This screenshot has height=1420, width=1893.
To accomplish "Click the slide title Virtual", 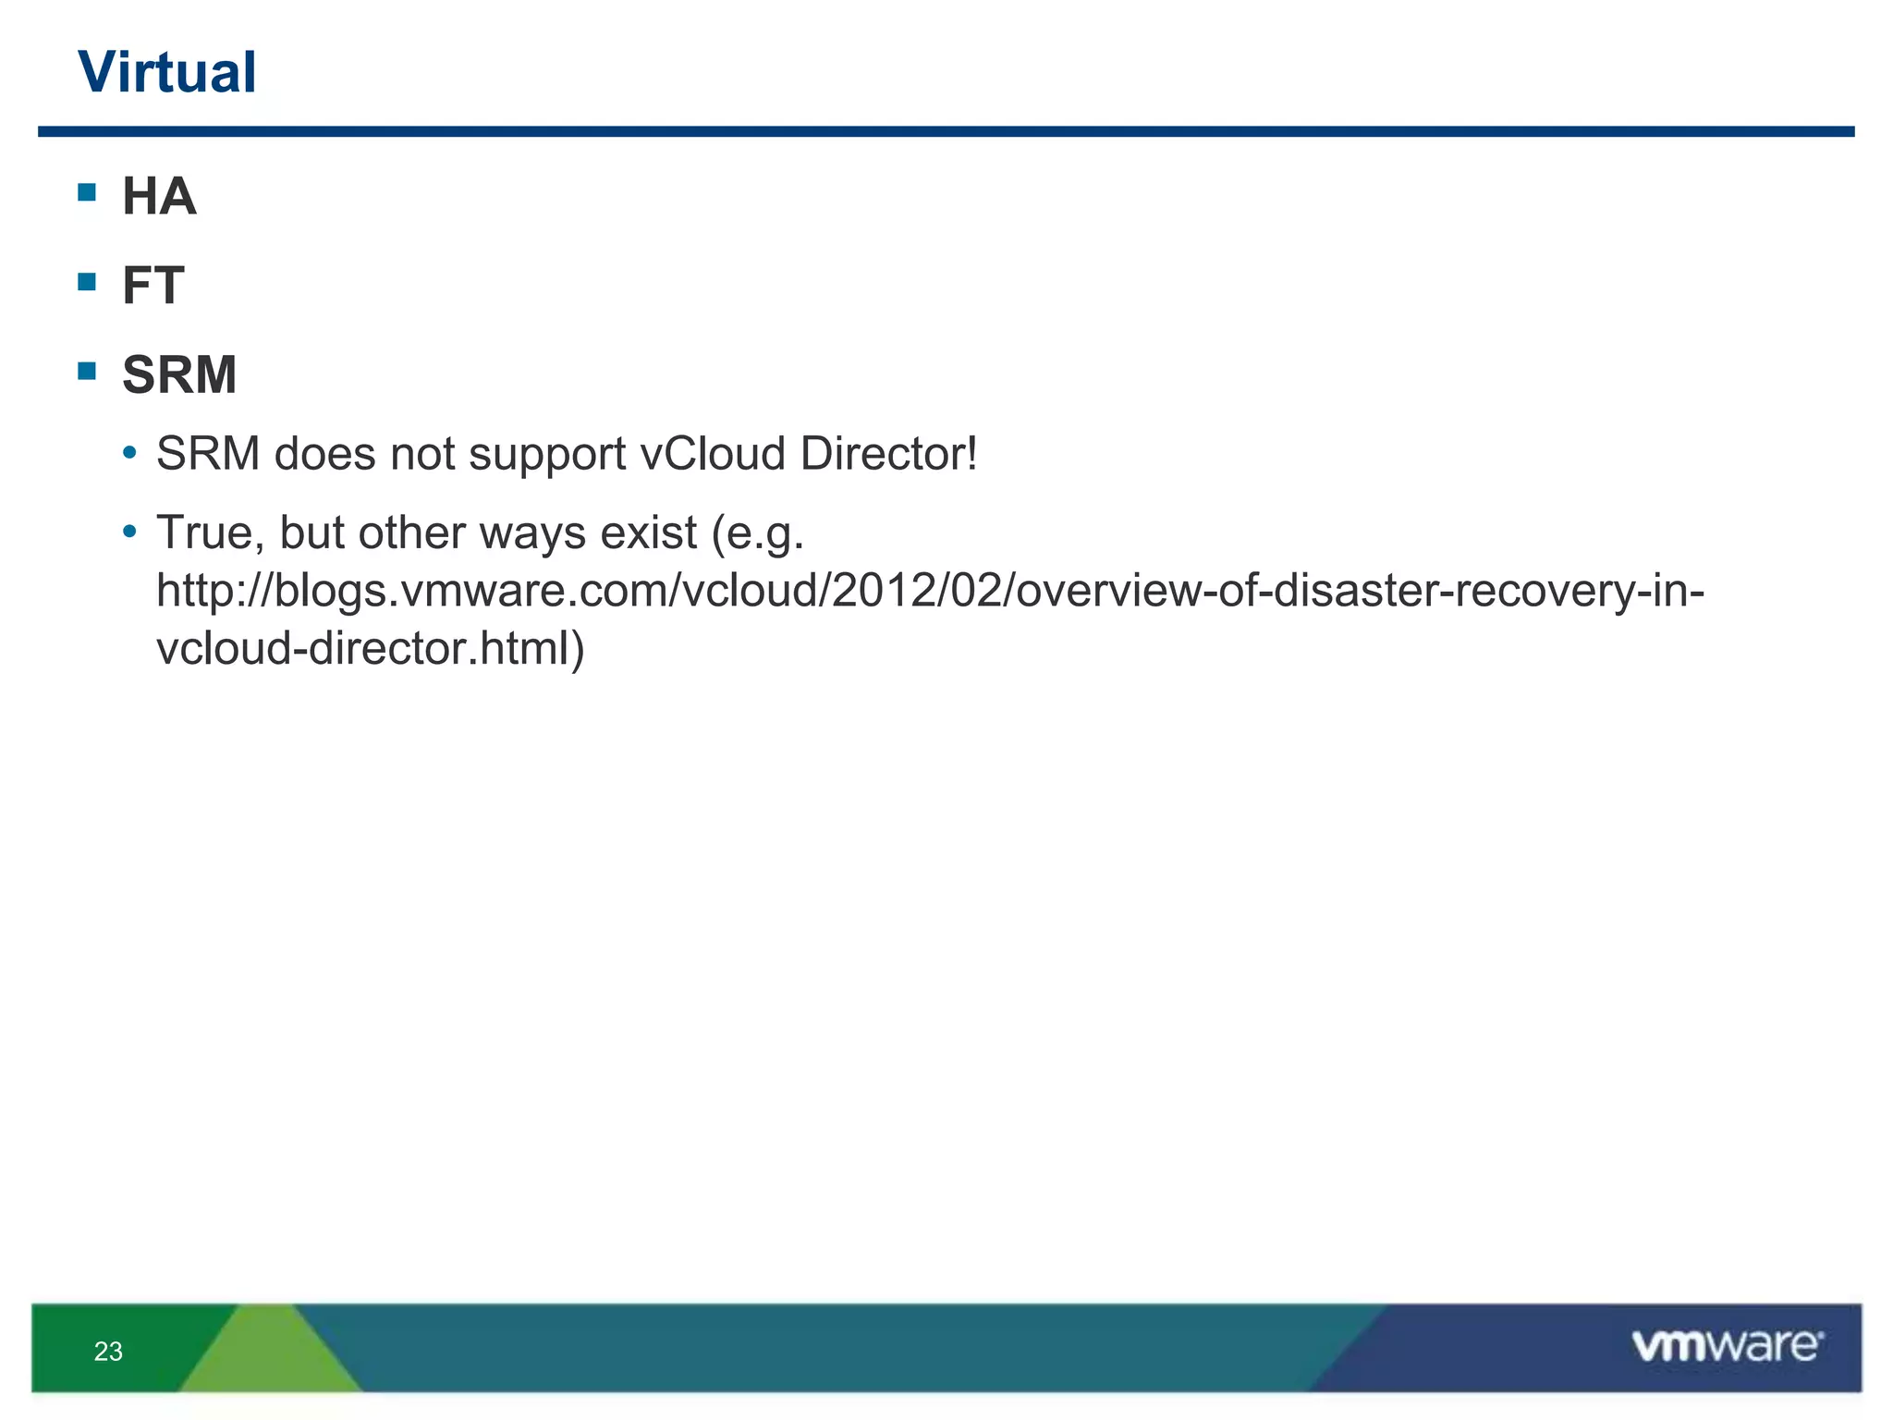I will [x=167, y=72].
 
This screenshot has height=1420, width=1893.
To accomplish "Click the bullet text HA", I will [x=159, y=196].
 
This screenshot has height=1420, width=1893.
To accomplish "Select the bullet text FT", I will [x=153, y=285].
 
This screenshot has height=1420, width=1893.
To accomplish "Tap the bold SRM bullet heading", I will [x=179, y=374].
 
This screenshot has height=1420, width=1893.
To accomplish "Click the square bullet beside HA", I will [x=88, y=192].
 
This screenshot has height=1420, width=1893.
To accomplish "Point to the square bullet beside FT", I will [x=88, y=281].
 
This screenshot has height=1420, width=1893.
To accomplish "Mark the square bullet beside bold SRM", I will [x=88, y=371].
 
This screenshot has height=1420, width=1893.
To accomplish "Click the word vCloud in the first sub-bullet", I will [x=712, y=454].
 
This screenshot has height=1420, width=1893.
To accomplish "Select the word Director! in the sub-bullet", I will [x=888, y=454].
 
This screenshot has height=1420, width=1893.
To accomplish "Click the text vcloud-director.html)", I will [x=371, y=648].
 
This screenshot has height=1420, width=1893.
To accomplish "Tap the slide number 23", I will [x=108, y=1352].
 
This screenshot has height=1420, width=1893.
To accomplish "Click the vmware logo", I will [x=1727, y=1345].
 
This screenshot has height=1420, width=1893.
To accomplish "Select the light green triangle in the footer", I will [x=268, y=1354].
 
